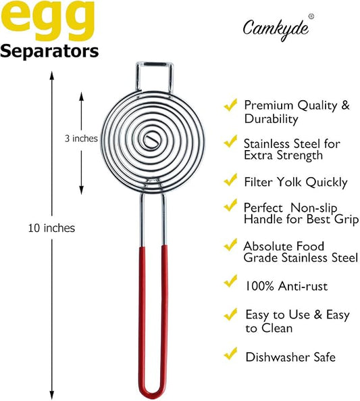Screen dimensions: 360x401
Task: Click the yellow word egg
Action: click(47, 20)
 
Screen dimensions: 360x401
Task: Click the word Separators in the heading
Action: click(49, 51)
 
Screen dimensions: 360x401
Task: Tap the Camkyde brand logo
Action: click(276, 30)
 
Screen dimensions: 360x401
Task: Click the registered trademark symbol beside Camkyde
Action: click(311, 16)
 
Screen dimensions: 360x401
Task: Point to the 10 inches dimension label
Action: click(51, 228)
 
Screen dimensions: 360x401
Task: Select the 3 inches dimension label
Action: click(81, 139)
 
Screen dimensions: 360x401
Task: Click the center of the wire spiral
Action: click(152, 140)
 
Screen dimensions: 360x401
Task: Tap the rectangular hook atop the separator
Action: click(154, 76)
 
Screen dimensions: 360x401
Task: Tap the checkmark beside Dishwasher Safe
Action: click(230, 354)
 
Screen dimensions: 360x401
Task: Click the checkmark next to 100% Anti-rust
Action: click(230, 281)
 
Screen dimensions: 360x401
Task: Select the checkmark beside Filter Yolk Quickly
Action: click(230, 180)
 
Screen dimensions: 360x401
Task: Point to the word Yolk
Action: click(290, 182)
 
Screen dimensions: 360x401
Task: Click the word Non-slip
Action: click(314, 208)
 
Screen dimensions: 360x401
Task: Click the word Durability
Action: click(271, 119)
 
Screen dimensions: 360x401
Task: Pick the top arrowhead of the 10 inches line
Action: click(52, 75)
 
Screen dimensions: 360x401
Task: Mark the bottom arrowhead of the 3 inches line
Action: click(81, 190)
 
